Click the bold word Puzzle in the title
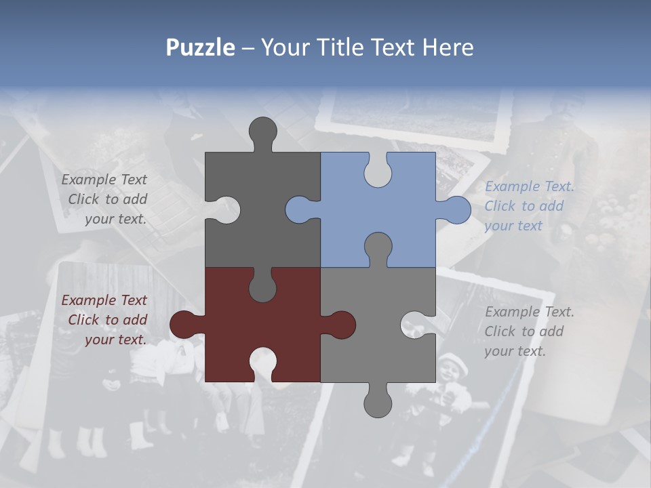coord(200,47)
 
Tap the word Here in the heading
coord(447,47)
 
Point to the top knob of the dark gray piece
coord(263,131)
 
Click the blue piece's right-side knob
coord(456,210)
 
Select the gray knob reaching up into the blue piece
coord(378,247)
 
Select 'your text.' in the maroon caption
coord(115,340)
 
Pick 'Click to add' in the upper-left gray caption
coord(107,199)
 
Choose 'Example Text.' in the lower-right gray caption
coord(529,312)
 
